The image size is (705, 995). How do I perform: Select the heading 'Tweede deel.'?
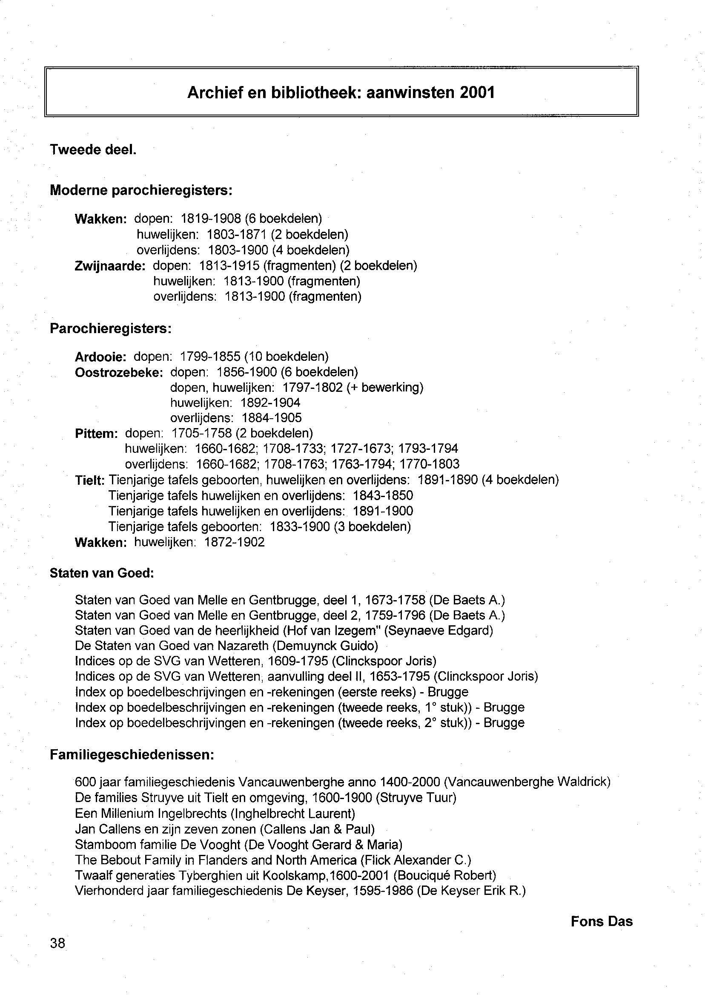(93, 150)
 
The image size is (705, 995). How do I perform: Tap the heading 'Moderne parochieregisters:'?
(141, 190)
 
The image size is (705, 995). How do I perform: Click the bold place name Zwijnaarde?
(109, 266)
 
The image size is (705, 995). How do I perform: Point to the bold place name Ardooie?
(100, 357)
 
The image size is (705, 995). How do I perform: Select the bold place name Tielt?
(89, 480)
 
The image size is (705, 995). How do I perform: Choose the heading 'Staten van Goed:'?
(102, 573)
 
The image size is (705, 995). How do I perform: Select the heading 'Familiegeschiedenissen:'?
(132, 755)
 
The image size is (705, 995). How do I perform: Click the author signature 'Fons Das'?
(601, 922)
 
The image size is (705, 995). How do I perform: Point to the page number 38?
(58, 943)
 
